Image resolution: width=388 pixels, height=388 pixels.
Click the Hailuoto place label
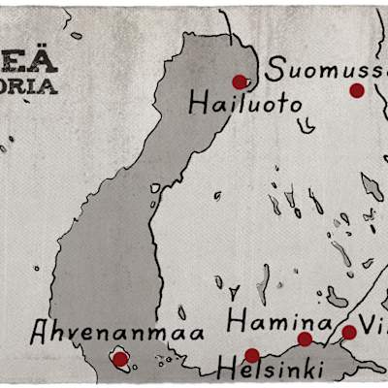[x=245, y=103]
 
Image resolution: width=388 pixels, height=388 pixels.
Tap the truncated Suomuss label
[x=326, y=70]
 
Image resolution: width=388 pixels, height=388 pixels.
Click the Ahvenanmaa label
[x=117, y=333]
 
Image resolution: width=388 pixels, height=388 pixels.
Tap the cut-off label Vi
[x=372, y=322]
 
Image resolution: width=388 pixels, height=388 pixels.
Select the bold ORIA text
[x=28, y=84]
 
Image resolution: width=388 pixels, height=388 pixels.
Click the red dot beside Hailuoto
[x=240, y=82]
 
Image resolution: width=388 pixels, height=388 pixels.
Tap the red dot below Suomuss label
[x=357, y=90]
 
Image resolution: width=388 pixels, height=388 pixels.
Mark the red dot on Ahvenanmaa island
[x=120, y=359]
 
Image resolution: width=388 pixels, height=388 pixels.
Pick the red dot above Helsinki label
[x=252, y=355]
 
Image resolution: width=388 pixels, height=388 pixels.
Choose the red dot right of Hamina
[x=305, y=339]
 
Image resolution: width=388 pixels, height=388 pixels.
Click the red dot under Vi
[x=349, y=332]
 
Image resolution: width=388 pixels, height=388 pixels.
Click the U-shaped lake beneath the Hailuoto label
[x=306, y=125]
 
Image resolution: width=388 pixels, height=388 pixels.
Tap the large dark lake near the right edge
[x=372, y=185]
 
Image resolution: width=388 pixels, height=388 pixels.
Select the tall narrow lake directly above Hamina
[x=264, y=284]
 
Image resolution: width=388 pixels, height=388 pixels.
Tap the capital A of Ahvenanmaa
[x=40, y=334]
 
